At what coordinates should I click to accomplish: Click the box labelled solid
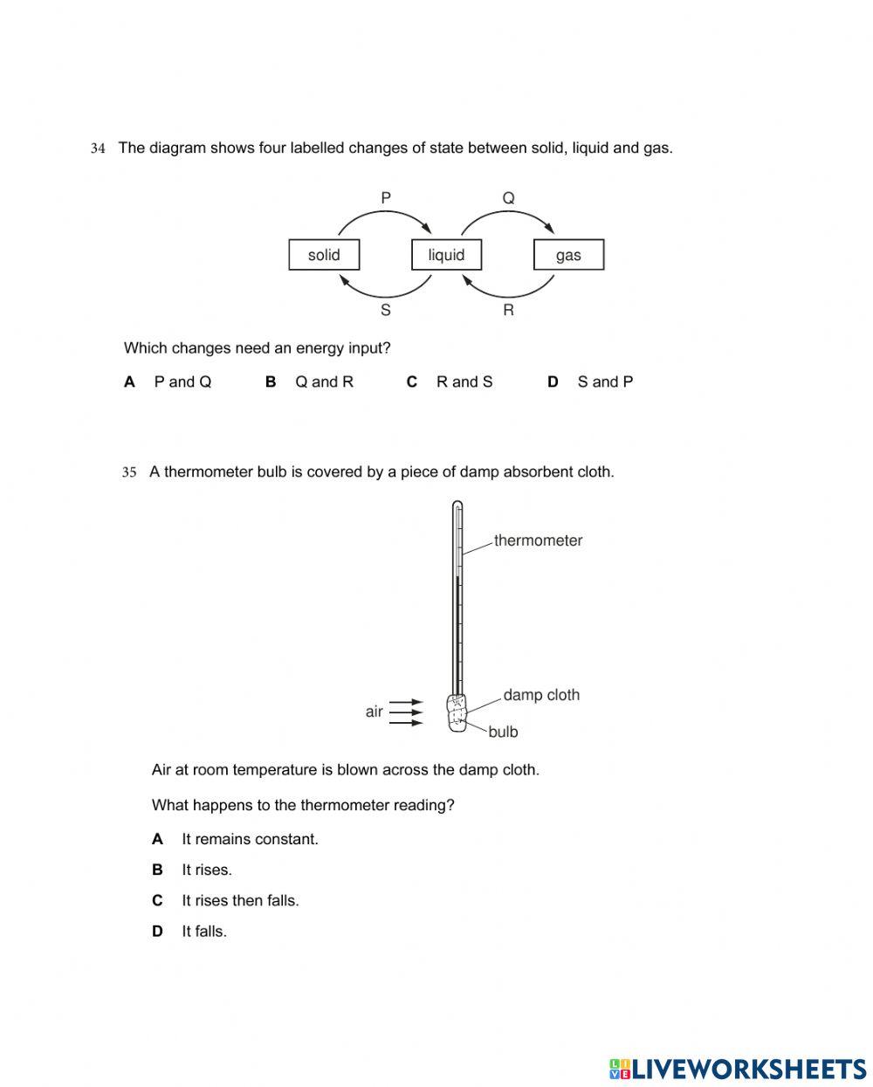pyautogui.click(x=324, y=255)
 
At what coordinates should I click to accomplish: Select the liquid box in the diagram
pyautogui.click(x=446, y=255)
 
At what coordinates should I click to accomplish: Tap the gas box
pyautogui.click(x=568, y=255)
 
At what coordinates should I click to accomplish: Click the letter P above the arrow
pyautogui.click(x=386, y=198)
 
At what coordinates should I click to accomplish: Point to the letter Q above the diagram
pyautogui.click(x=508, y=198)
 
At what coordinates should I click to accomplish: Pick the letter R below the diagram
pyautogui.click(x=508, y=310)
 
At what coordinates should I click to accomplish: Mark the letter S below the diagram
pyautogui.click(x=386, y=310)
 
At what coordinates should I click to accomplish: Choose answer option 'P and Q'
pyautogui.click(x=182, y=382)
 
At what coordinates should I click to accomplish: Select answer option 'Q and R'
pyautogui.click(x=324, y=382)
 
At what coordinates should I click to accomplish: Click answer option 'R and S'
pyautogui.click(x=464, y=382)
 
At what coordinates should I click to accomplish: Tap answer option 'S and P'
pyautogui.click(x=605, y=382)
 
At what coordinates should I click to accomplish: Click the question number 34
pyautogui.click(x=98, y=148)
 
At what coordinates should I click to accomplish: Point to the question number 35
pyautogui.click(x=129, y=472)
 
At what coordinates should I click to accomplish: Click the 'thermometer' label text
pyautogui.click(x=538, y=540)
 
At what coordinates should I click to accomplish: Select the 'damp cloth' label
pyautogui.click(x=541, y=695)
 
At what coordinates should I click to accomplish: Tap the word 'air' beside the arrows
pyautogui.click(x=375, y=712)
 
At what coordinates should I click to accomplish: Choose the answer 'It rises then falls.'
pyautogui.click(x=240, y=900)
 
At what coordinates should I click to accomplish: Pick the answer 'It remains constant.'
pyautogui.click(x=250, y=839)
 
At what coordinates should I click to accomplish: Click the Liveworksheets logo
pyautogui.click(x=738, y=1069)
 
